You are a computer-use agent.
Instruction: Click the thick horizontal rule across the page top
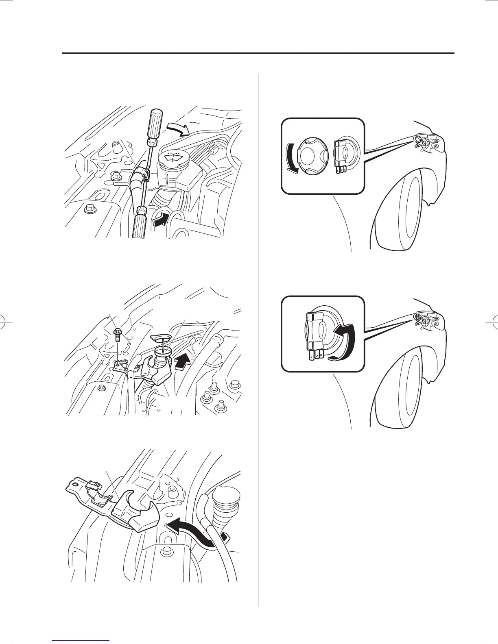click(x=258, y=53)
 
